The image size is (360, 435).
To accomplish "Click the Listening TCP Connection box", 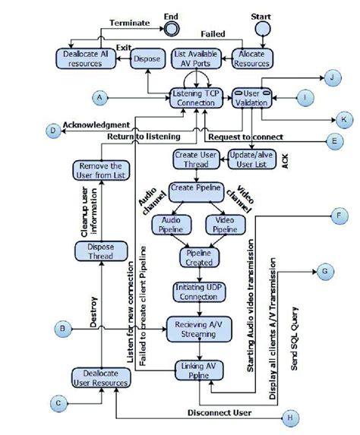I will pyautogui.click(x=198, y=97).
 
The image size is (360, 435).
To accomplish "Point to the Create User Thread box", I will pyautogui.click(x=197, y=159).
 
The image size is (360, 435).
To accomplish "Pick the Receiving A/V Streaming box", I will pyautogui.click(x=197, y=326).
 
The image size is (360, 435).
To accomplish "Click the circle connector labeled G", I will pyautogui.click(x=324, y=272).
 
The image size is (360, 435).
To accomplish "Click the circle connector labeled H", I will pyautogui.click(x=289, y=417).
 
